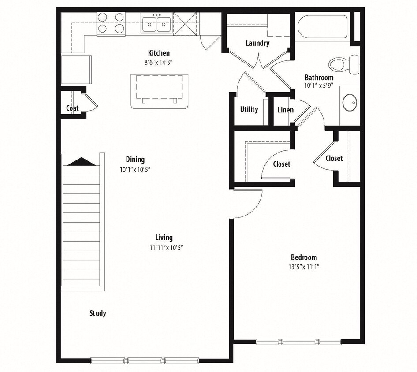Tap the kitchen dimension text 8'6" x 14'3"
158,62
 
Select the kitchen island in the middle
159,91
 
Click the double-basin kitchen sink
156,23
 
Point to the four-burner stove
111,23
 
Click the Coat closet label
72,108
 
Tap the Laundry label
257,43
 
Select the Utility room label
249,109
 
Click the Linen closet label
285,110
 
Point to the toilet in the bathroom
344,64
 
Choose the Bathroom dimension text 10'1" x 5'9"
319,86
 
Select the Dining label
135,160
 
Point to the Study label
97,313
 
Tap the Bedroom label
304,257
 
